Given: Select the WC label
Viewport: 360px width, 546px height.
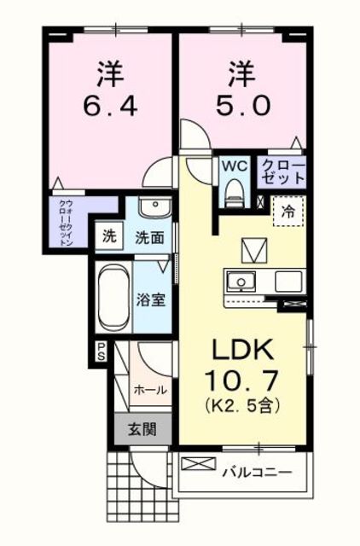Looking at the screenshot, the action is [x=235, y=166].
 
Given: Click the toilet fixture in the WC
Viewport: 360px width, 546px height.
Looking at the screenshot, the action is [x=235, y=195].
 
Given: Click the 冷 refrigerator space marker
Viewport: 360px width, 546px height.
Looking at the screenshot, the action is [x=288, y=211].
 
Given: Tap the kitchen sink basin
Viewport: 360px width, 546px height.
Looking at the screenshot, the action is [x=241, y=282].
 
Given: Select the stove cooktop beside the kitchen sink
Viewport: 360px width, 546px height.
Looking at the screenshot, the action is [x=288, y=282].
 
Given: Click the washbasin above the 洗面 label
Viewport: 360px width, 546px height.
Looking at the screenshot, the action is [x=154, y=206].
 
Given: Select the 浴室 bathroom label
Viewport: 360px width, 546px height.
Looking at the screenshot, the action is [x=150, y=299].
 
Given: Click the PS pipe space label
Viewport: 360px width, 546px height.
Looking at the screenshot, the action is [x=101, y=351].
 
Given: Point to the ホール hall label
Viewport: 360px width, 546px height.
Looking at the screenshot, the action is [x=150, y=391].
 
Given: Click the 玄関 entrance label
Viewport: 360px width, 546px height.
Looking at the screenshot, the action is [x=142, y=429].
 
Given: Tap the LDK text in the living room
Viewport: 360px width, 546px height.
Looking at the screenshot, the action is [x=242, y=350].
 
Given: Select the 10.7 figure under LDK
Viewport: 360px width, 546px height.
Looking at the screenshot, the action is [x=242, y=380].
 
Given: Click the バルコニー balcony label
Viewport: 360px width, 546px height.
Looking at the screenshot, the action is [x=258, y=472].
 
